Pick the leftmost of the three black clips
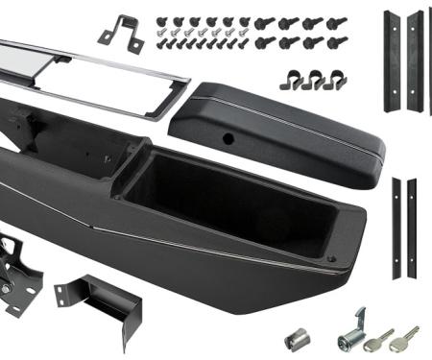pyautogui.click(x=289, y=81)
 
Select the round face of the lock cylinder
pyautogui.click(x=343, y=340)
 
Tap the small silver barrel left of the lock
pyautogui.click(x=296, y=340)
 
